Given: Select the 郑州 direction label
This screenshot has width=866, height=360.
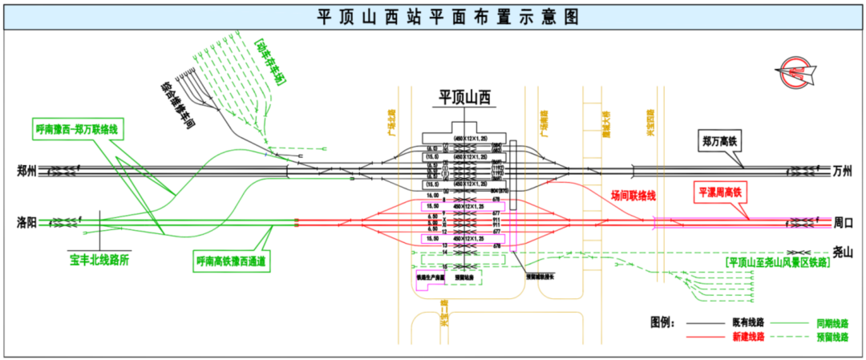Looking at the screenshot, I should (x=27, y=170).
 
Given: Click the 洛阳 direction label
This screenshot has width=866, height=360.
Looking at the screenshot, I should (x=27, y=221).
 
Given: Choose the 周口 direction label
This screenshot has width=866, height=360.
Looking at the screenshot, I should (x=842, y=221).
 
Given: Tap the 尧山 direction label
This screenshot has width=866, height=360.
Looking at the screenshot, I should (x=842, y=252).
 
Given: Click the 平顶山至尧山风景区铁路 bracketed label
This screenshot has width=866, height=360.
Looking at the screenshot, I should (x=776, y=261).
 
